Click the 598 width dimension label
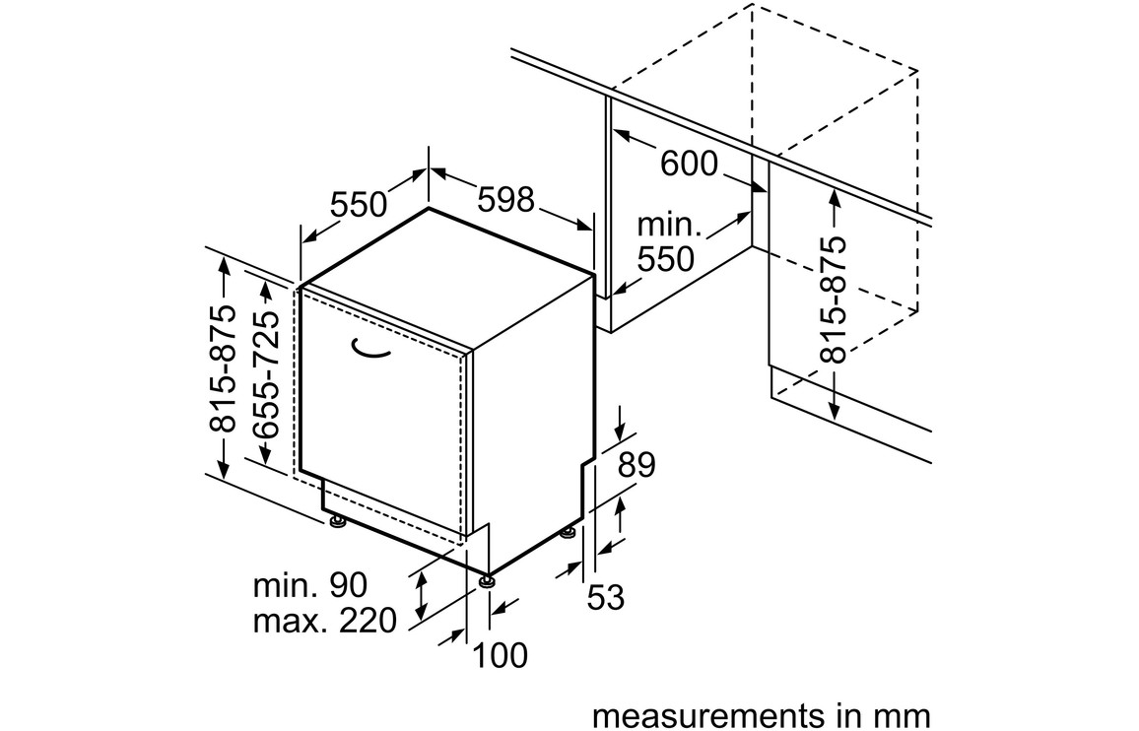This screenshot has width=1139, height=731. [x=505, y=199]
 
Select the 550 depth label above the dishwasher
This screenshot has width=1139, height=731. [x=359, y=205]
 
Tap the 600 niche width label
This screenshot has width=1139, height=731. [x=689, y=164]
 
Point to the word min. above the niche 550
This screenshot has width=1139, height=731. [x=670, y=227]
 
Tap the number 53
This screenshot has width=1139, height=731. [x=605, y=596]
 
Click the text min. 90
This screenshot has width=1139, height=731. [x=310, y=585]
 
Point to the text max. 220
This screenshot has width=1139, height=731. [x=324, y=621]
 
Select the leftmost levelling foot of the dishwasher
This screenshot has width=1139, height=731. [x=338, y=521]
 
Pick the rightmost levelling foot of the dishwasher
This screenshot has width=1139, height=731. [x=567, y=533]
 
